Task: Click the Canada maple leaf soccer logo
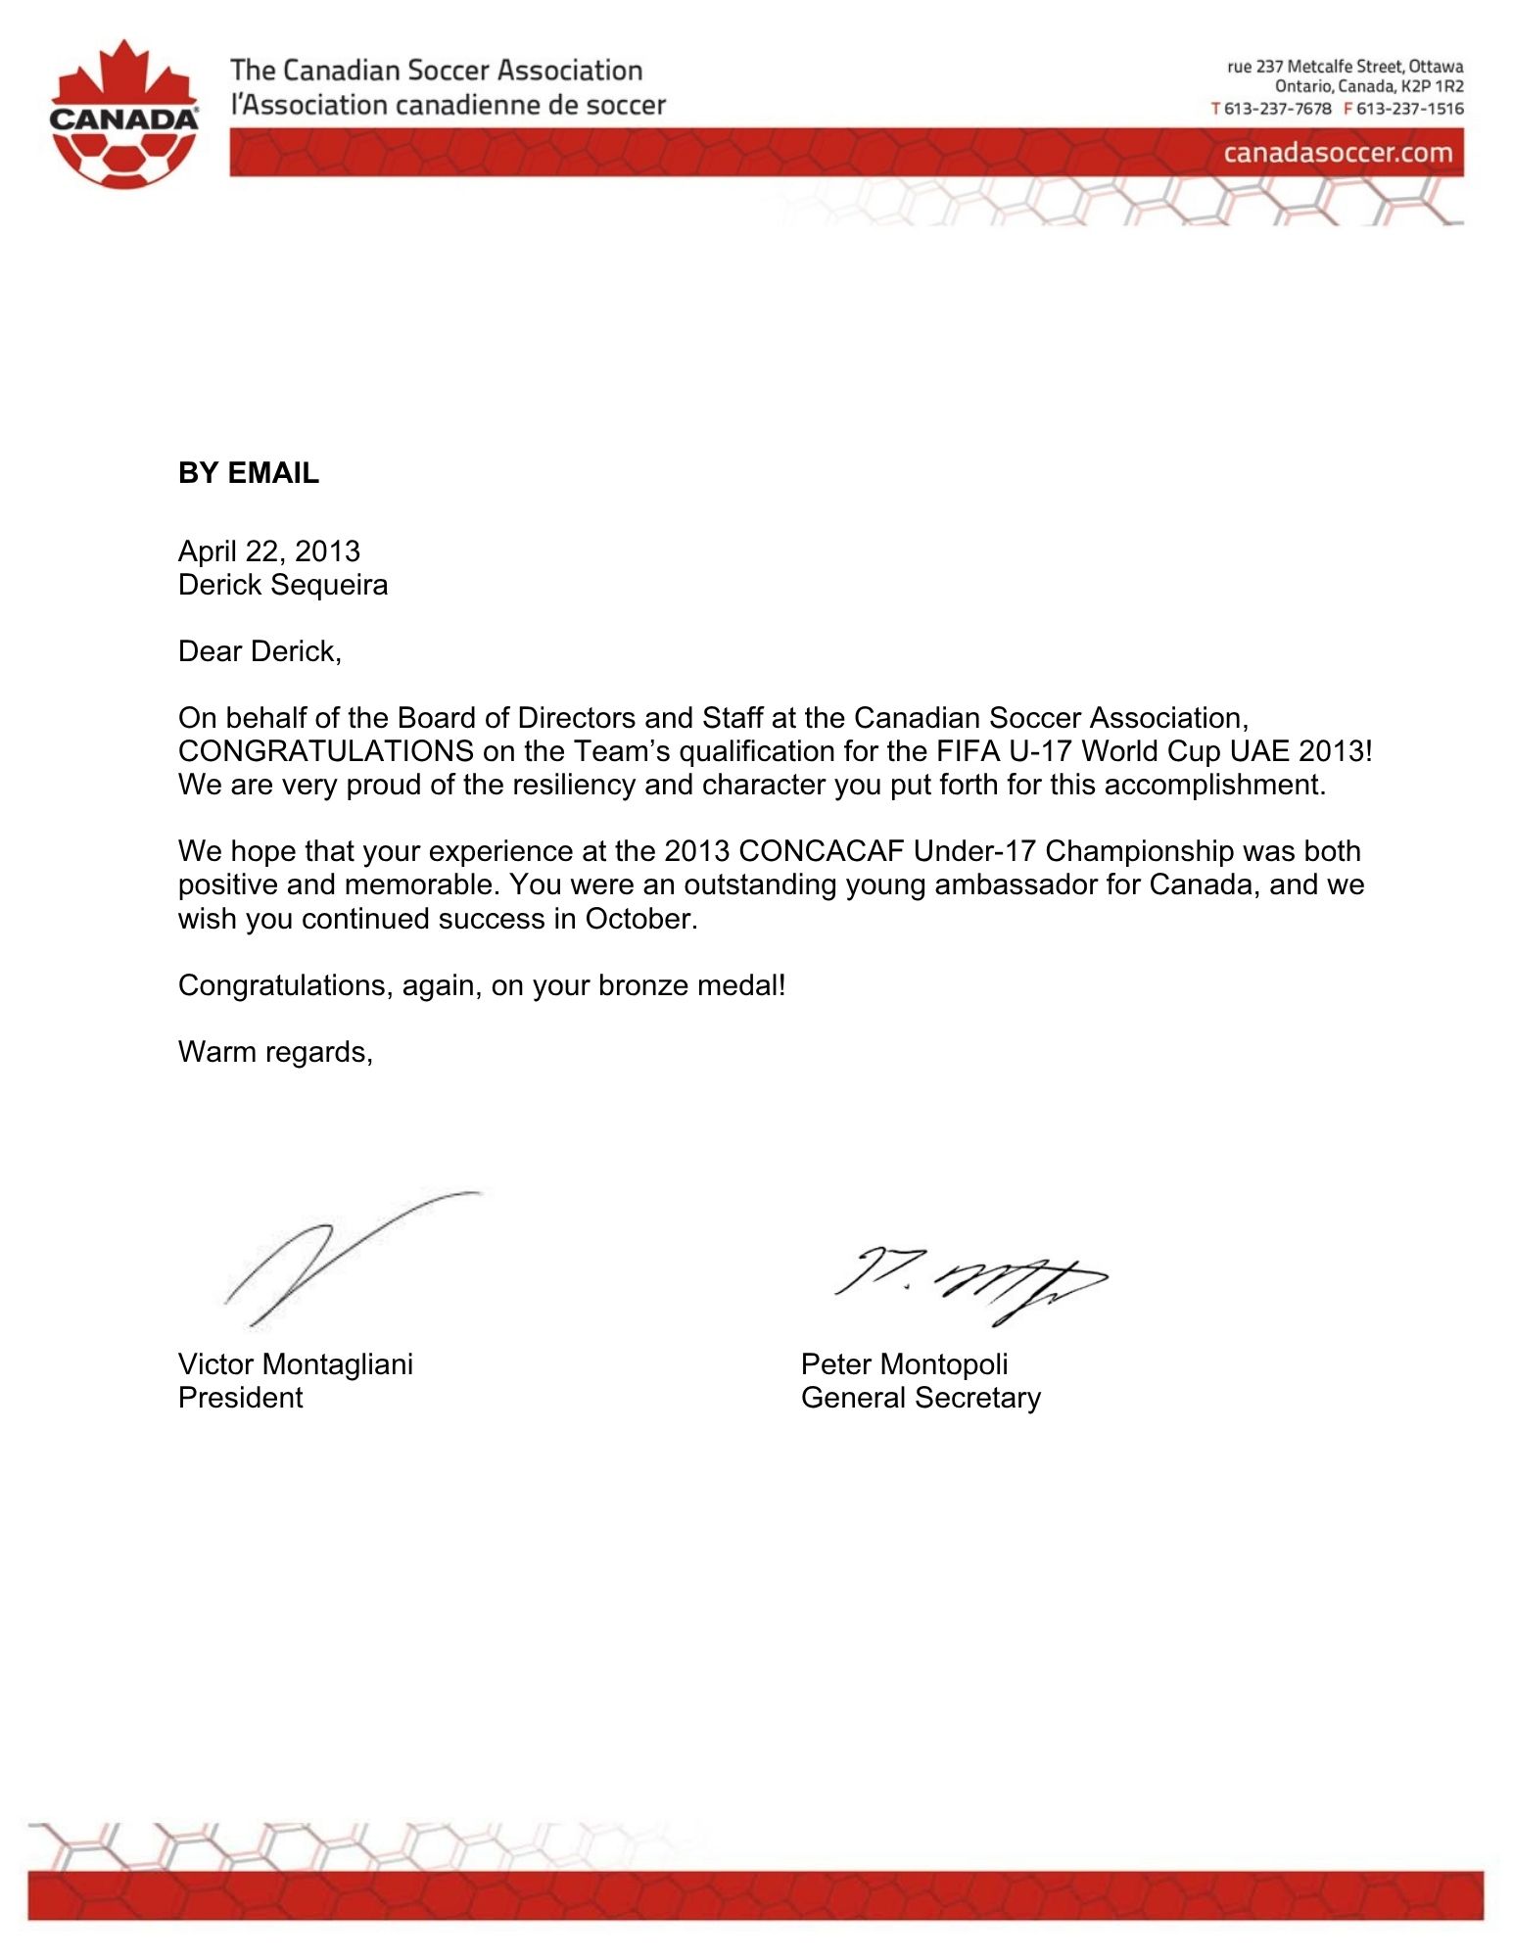coord(124,116)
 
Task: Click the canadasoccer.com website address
coord(1338,153)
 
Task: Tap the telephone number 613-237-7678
coord(1277,109)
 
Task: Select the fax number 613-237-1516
coord(1409,109)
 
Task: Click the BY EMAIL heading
coord(249,473)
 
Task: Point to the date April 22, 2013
coord(269,551)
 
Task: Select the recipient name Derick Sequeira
coord(283,585)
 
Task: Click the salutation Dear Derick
coord(260,651)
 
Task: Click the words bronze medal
coord(691,985)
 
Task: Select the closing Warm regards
coord(275,1052)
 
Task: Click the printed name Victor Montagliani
coord(296,1364)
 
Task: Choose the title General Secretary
coord(921,1398)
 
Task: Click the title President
coord(241,1398)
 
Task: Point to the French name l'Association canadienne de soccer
coord(449,105)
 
